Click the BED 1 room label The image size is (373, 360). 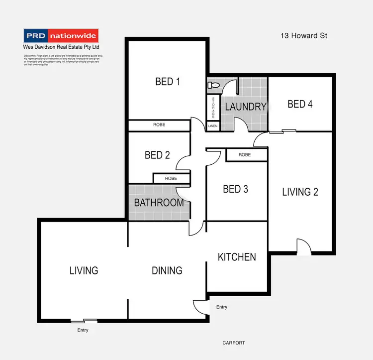(x=168, y=82)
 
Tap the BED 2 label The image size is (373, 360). (x=157, y=155)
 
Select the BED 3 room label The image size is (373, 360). (x=235, y=189)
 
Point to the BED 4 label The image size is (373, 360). (x=300, y=104)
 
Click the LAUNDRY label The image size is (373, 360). (x=246, y=107)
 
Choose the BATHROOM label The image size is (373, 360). (x=159, y=203)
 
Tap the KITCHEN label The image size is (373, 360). (x=237, y=257)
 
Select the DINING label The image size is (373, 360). (x=167, y=270)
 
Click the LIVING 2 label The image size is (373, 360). (x=300, y=192)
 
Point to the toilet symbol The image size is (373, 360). (x=213, y=86)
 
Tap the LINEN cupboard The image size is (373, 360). (x=213, y=126)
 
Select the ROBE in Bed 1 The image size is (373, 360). (x=159, y=125)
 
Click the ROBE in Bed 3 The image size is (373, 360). (x=245, y=155)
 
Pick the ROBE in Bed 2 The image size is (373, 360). (x=171, y=178)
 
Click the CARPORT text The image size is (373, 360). (x=233, y=343)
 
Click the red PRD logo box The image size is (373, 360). (x=36, y=36)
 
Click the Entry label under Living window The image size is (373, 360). (x=83, y=330)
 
